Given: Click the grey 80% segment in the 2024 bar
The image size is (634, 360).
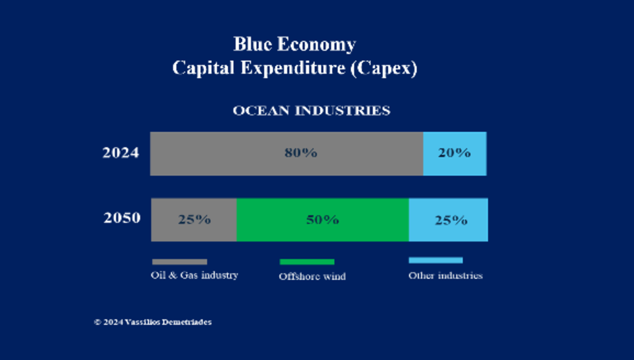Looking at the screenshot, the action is point(287,154).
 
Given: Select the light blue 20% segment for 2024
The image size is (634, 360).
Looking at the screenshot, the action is point(455,154).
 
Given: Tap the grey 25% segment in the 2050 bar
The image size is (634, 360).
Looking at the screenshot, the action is point(194,220).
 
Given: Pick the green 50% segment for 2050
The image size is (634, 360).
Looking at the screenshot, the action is point(323,220).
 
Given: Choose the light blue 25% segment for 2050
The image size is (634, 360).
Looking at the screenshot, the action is point(449,220).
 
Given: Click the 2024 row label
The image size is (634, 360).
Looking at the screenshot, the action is point(120,153).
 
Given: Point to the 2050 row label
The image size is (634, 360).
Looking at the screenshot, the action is point(122,218).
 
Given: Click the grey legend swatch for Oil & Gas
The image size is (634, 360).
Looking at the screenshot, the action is point(180,262).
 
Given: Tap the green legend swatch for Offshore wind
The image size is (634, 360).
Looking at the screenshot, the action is point(307,262).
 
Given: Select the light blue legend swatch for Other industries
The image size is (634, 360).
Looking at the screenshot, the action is point(436,260).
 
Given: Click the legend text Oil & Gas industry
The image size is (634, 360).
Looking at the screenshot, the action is point(194,275).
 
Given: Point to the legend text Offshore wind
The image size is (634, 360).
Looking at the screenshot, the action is point(312,277).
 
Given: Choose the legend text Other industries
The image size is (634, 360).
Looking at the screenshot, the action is point(446,275).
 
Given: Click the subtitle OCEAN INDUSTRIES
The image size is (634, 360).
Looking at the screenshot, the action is point(311,111).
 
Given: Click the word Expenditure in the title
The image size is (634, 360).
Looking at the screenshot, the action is point(293,69).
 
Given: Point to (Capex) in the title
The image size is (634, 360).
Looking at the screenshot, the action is point(384,69).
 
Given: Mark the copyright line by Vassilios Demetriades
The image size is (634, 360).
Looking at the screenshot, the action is point(153,322).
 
